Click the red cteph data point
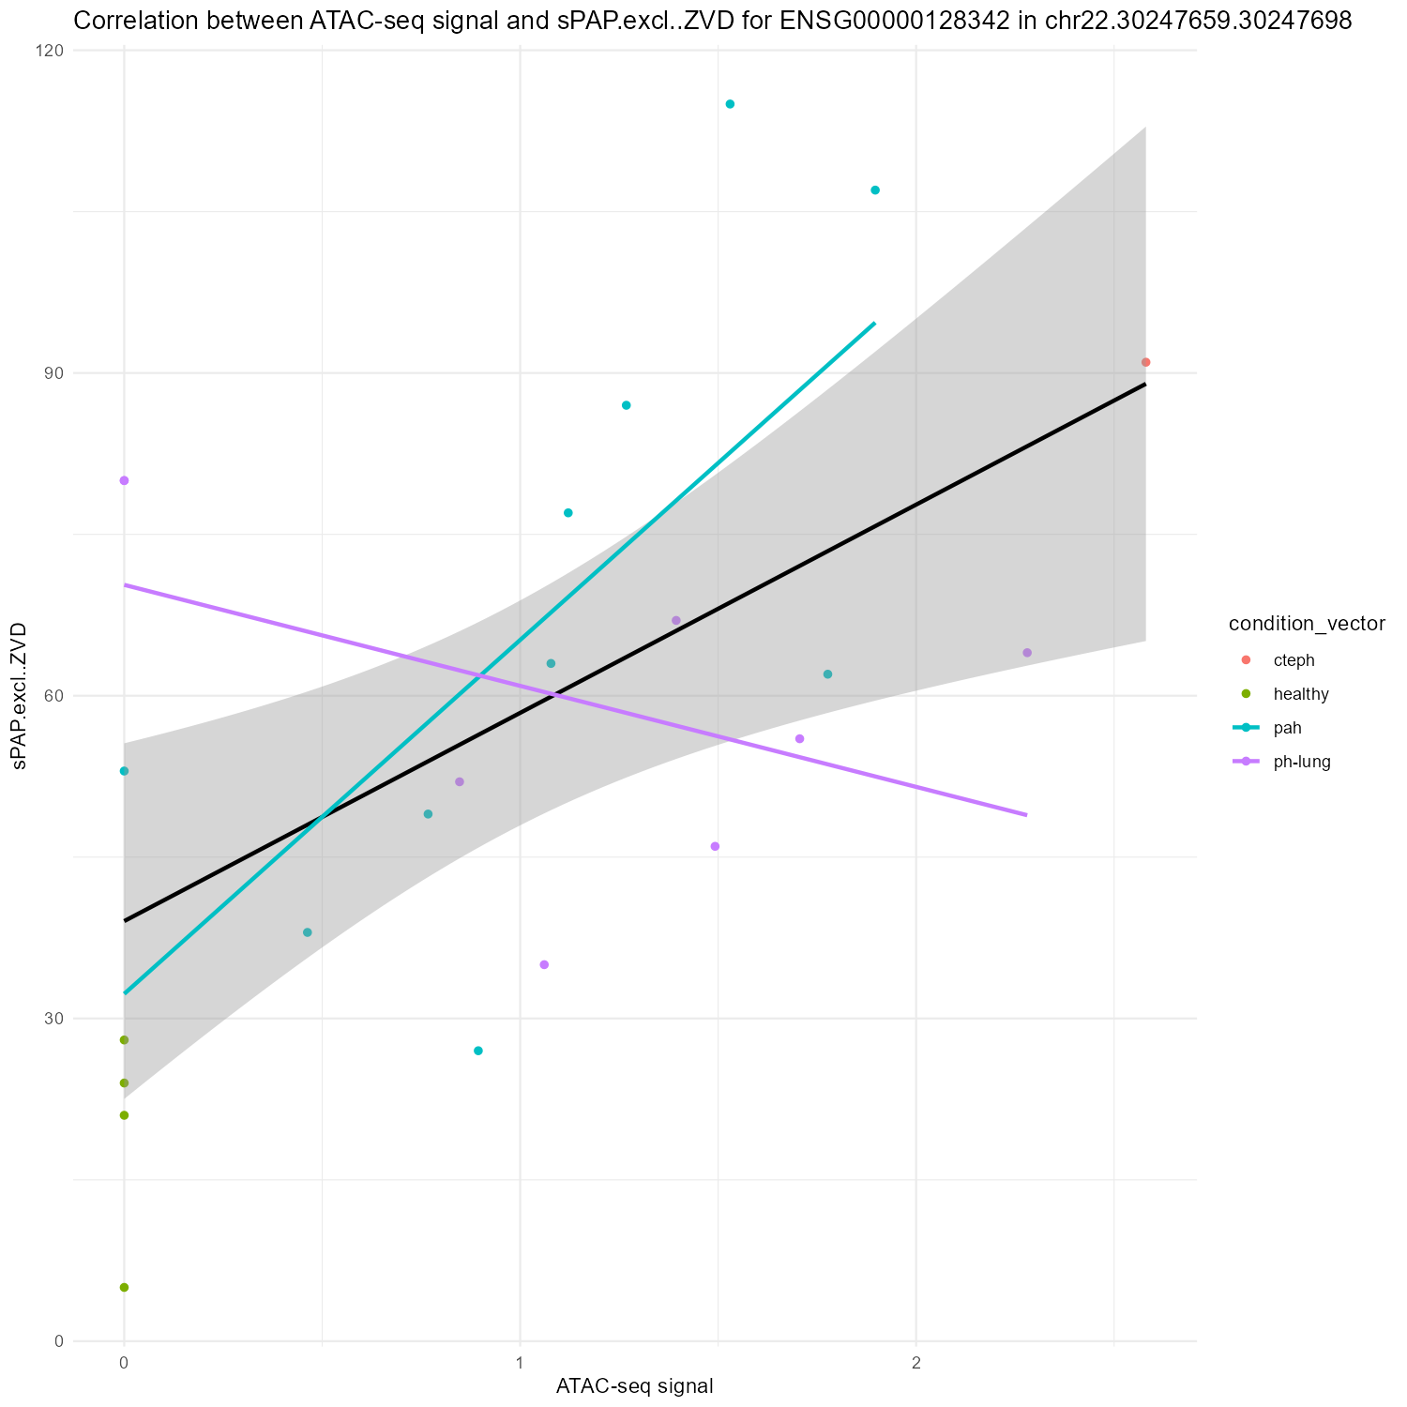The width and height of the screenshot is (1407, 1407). (1145, 362)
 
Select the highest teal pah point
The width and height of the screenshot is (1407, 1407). (730, 104)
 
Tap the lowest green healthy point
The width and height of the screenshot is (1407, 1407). (124, 1287)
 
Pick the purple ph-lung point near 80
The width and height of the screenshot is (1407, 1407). (124, 480)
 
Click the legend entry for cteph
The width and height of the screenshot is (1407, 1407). (1294, 659)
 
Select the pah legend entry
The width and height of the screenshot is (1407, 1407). (1287, 728)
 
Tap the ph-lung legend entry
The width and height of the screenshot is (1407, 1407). (1302, 762)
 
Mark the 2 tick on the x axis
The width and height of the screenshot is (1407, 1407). (915, 1361)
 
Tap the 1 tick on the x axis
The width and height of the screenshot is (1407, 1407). (520, 1361)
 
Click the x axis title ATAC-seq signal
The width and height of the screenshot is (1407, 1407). (635, 1385)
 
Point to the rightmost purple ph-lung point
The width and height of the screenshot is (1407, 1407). (1027, 652)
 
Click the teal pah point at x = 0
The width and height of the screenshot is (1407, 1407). (124, 771)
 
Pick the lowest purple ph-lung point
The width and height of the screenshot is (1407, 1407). (544, 964)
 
